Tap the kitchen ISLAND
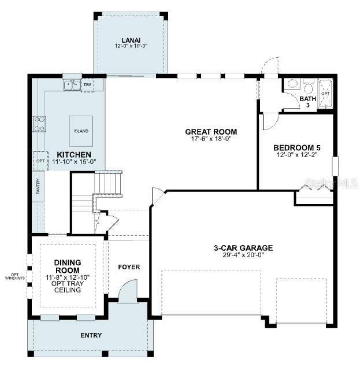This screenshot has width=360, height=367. tap(81, 131)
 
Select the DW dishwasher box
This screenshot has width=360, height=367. tap(88, 85)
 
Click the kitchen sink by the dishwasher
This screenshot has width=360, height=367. tap(72, 85)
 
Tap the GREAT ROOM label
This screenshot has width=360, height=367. tap(211, 132)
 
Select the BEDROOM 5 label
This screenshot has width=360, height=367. tap(296, 147)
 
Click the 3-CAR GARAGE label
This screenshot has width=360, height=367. tap(243, 248)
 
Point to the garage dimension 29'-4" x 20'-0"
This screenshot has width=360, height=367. tap(243, 255)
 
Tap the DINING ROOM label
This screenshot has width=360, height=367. tap(68, 266)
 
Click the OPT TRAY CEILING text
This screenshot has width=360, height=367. tap(68, 286)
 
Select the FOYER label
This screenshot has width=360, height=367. tap(129, 267)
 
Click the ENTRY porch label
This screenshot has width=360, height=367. tap(91, 335)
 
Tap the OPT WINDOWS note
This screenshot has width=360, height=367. tap(15, 276)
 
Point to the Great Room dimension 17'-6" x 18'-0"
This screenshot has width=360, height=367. tap(211, 139)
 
